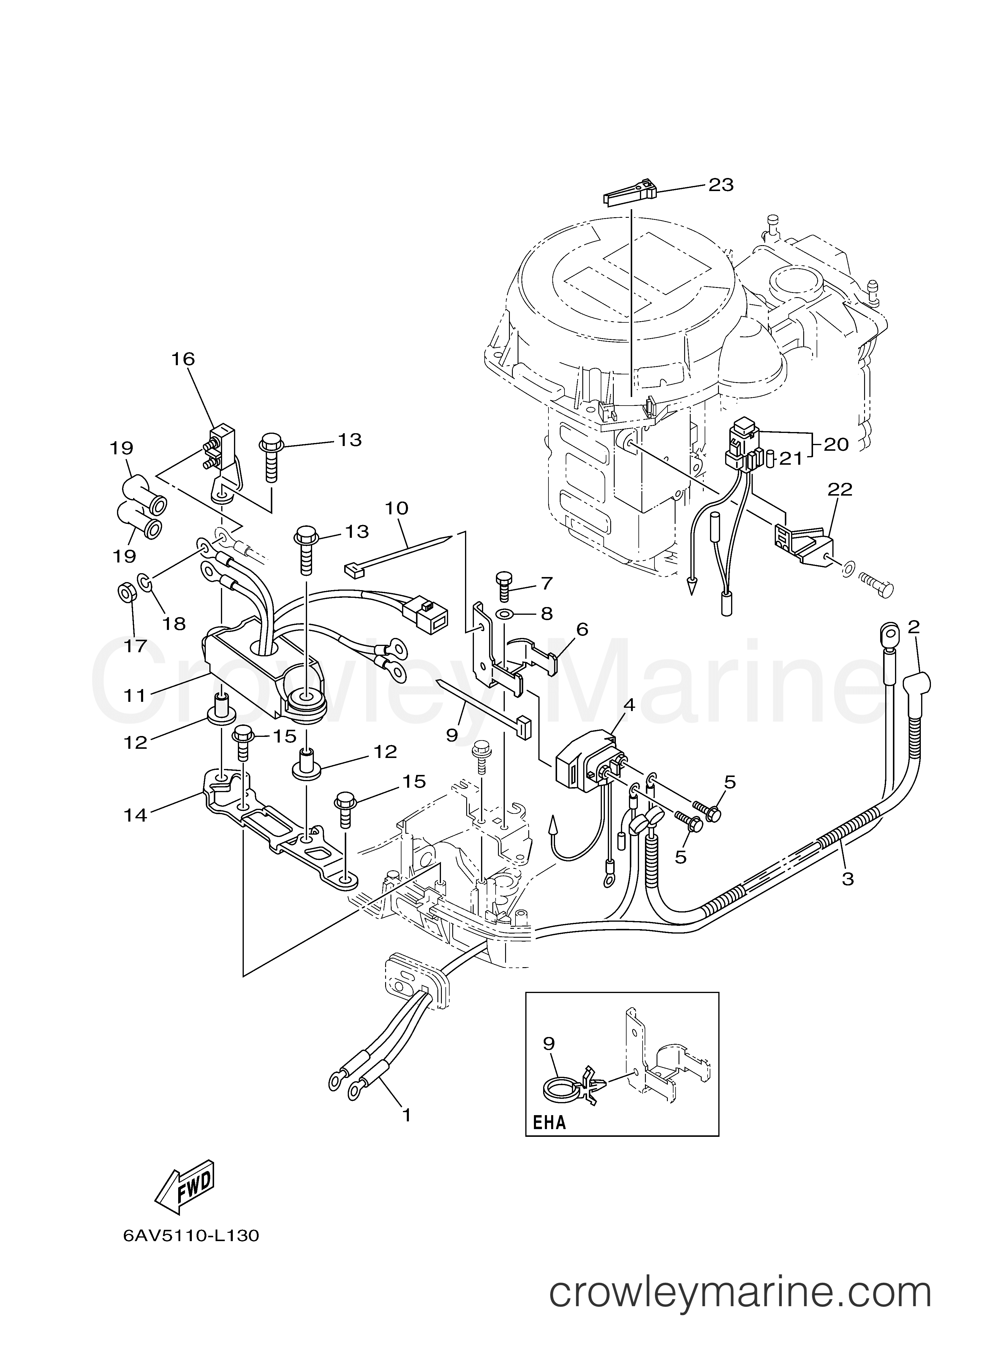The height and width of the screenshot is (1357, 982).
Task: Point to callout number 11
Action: coord(135,696)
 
